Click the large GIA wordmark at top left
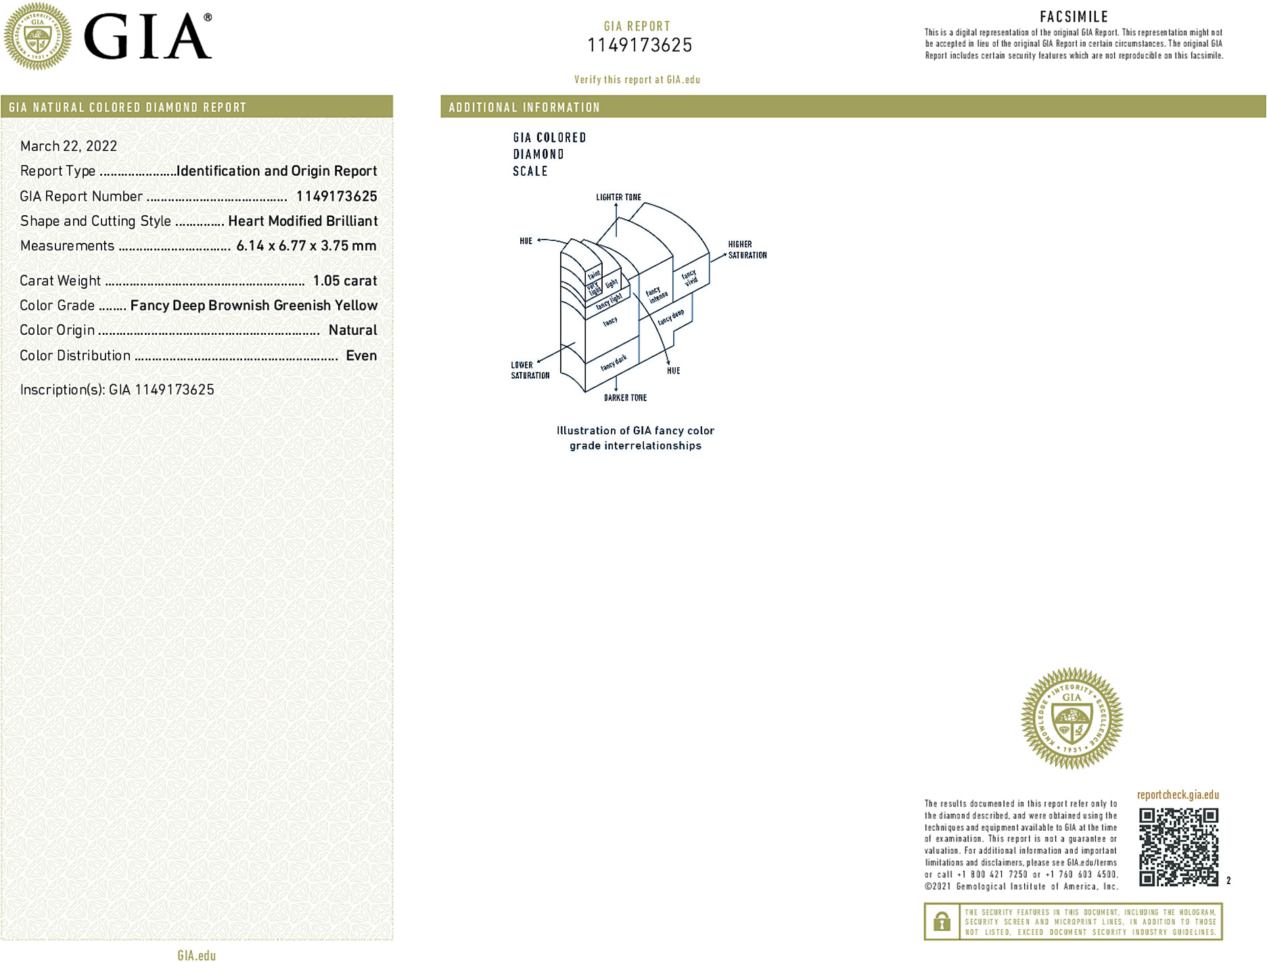coord(147,37)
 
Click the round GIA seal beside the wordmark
coord(37,37)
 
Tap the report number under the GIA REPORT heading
coord(639,45)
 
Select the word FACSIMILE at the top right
coord(1074,17)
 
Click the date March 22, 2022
coord(68,146)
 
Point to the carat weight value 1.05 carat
coord(344,281)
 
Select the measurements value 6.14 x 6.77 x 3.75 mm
coord(306,246)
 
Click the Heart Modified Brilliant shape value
coord(302,221)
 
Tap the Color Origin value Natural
coord(352,330)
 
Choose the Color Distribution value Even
coord(361,356)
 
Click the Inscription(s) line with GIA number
coord(117,390)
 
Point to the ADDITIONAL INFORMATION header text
coord(524,108)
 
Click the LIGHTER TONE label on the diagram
coord(618,198)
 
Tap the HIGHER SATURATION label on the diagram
coord(747,250)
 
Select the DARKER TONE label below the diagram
coord(625,398)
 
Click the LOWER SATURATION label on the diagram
coord(530,370)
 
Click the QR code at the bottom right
coord(1178,846)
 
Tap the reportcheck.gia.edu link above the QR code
coord(1178,795)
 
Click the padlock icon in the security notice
coord(942,921)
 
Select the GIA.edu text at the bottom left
coord(196,955)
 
